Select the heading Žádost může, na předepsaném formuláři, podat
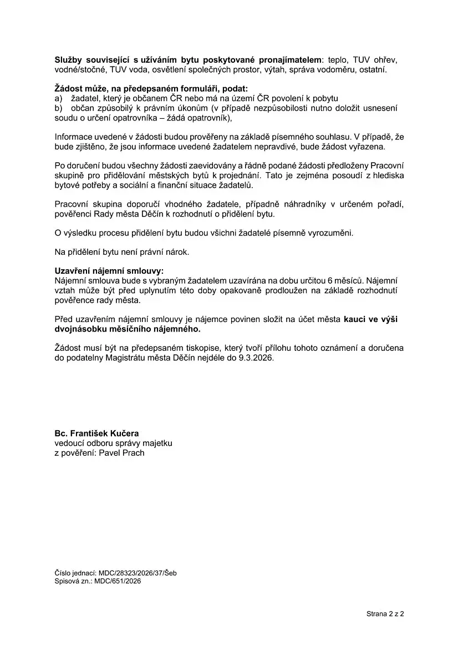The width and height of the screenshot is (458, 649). point(151,88)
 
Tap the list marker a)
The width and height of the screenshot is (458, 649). point(58,98)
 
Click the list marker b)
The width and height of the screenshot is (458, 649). point(58,108)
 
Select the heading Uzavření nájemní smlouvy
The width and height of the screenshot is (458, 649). point(109,271)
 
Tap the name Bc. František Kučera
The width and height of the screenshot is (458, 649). point(96,433)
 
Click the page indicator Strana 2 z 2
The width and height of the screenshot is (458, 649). point(385,614)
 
